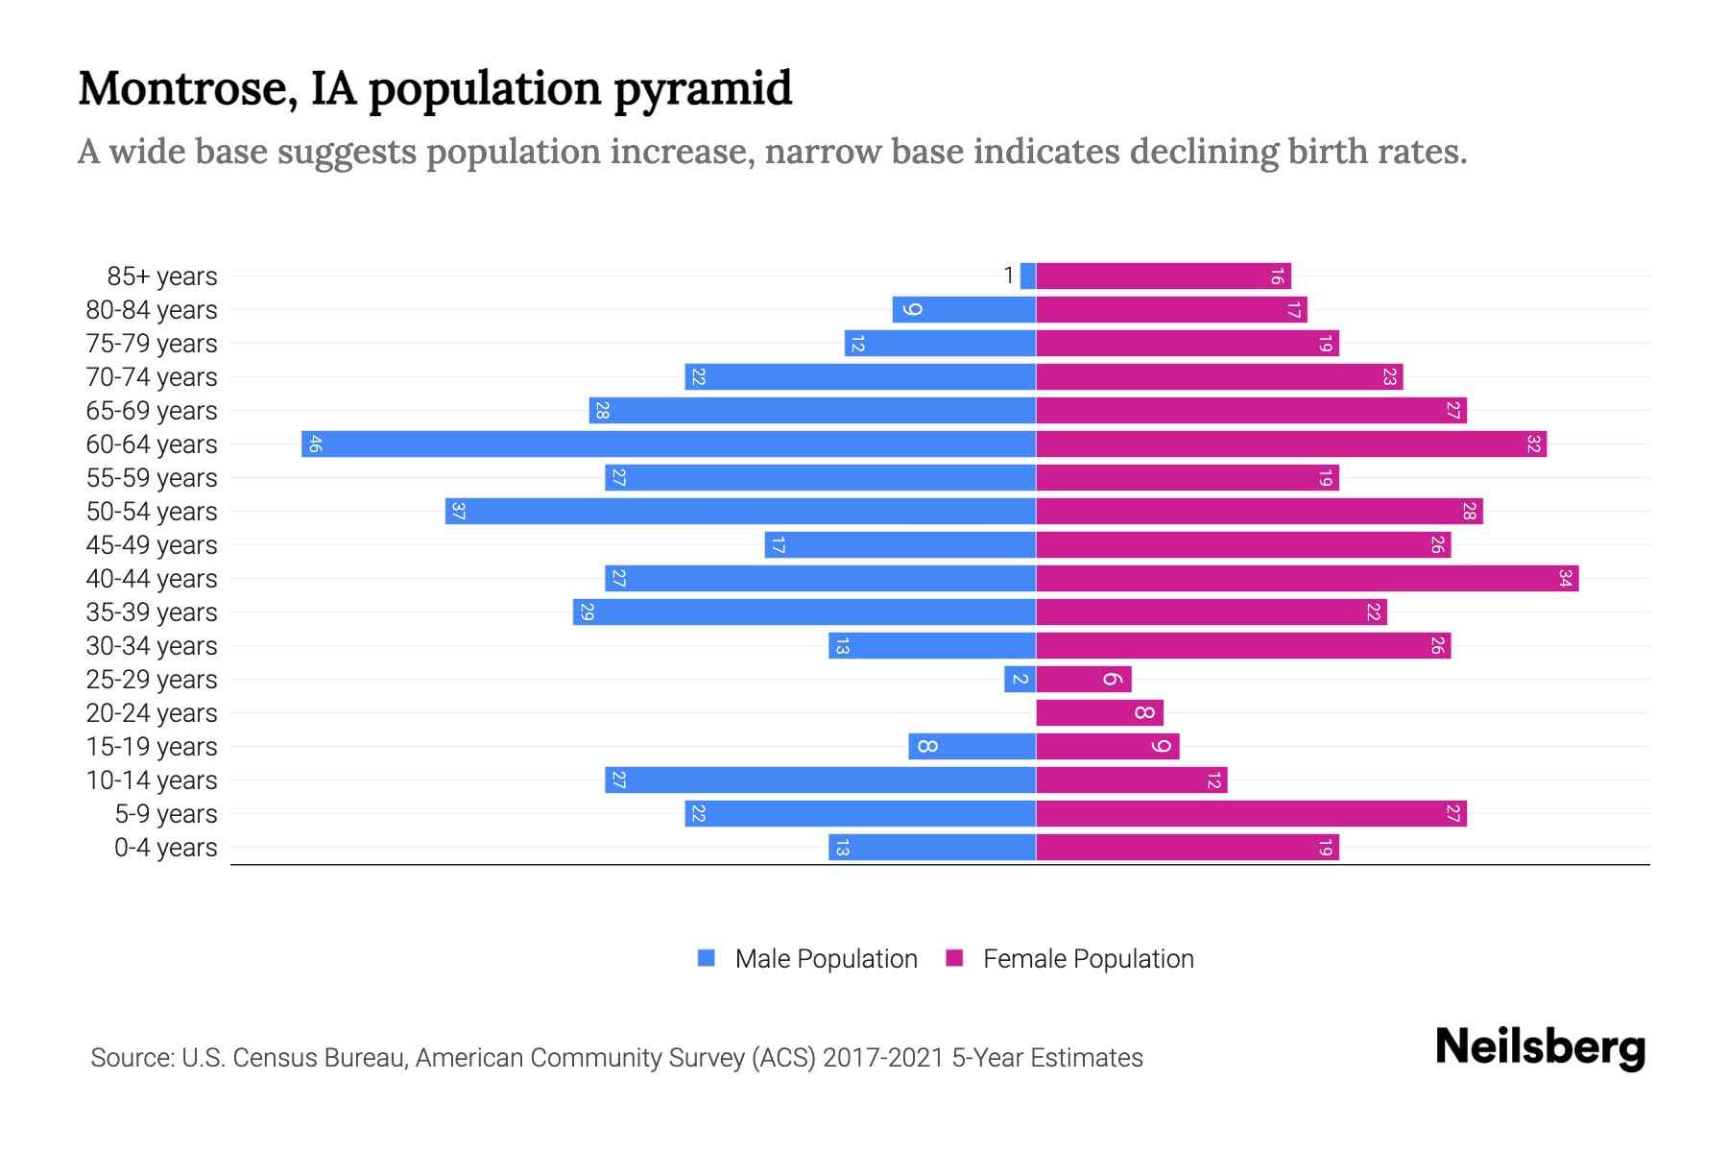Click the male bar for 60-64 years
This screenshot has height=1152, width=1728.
[668, 444]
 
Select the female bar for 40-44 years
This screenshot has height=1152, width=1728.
[1308, 578]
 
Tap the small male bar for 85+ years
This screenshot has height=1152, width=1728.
[1027, 276]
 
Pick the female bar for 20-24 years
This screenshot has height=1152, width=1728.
[1099, 712]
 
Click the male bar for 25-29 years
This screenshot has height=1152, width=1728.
[1020, 679]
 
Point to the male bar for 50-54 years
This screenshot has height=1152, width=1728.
[740, 511]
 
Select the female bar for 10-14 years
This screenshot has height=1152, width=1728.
[1132, 780]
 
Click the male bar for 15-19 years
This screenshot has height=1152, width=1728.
[972, 746]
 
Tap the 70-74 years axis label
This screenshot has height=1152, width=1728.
[152, 377]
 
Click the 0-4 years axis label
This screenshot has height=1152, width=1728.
[165, 848]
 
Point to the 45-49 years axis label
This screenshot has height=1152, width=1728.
[152, 545]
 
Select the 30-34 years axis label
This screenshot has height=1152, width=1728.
[152, 646]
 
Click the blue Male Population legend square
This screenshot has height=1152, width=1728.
[707, 958]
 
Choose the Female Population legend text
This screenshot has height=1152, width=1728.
[1088, 959]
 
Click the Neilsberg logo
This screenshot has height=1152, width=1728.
[1540, 1047]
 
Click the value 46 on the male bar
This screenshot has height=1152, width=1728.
[315, 444]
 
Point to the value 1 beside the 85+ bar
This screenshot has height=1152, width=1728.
[1008, 276]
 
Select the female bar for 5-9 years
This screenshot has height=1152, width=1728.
[1251, 813]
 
